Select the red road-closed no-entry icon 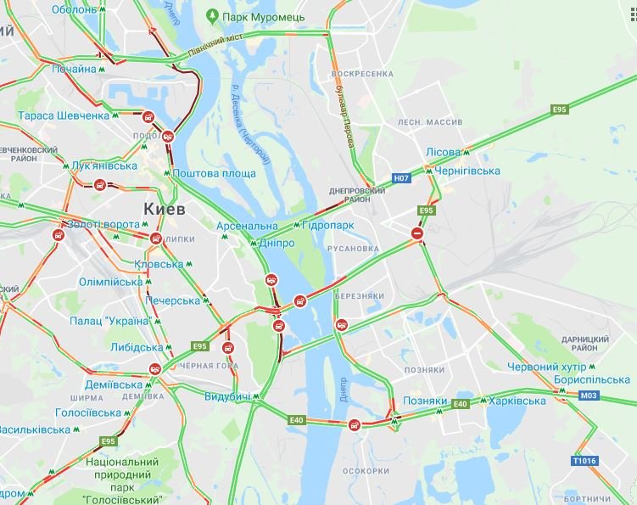(x=416, y=233)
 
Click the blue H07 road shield (x=401, y=179)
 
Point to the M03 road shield (x=589, y=396)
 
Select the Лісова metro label (x=443, y=153)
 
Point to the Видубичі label (x=227, y=397)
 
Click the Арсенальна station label (x=247, y=226)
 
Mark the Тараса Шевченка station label (x=64, y=115)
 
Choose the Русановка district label (x=351, y=249)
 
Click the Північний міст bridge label (x=218, y=46)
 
